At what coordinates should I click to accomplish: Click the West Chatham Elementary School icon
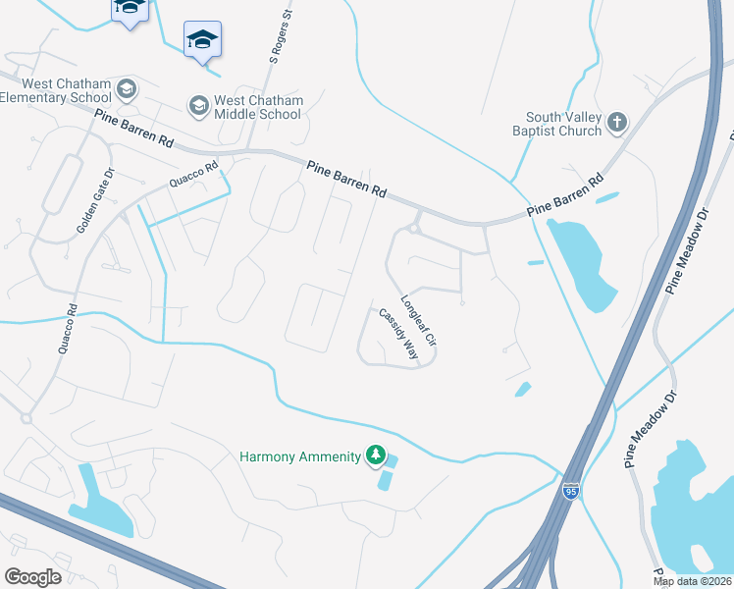coord(125,91)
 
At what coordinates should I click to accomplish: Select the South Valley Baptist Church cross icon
coord(616,122)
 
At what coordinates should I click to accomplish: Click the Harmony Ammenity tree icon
coord(374,455)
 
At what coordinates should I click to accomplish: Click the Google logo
coord(32,576)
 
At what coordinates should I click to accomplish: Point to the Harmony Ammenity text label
coord(300,457)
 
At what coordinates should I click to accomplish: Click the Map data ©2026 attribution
coord(693,581)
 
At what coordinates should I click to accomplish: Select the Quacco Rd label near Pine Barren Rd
coord(191,176)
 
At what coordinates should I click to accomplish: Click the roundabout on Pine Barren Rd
coord(415,228)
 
